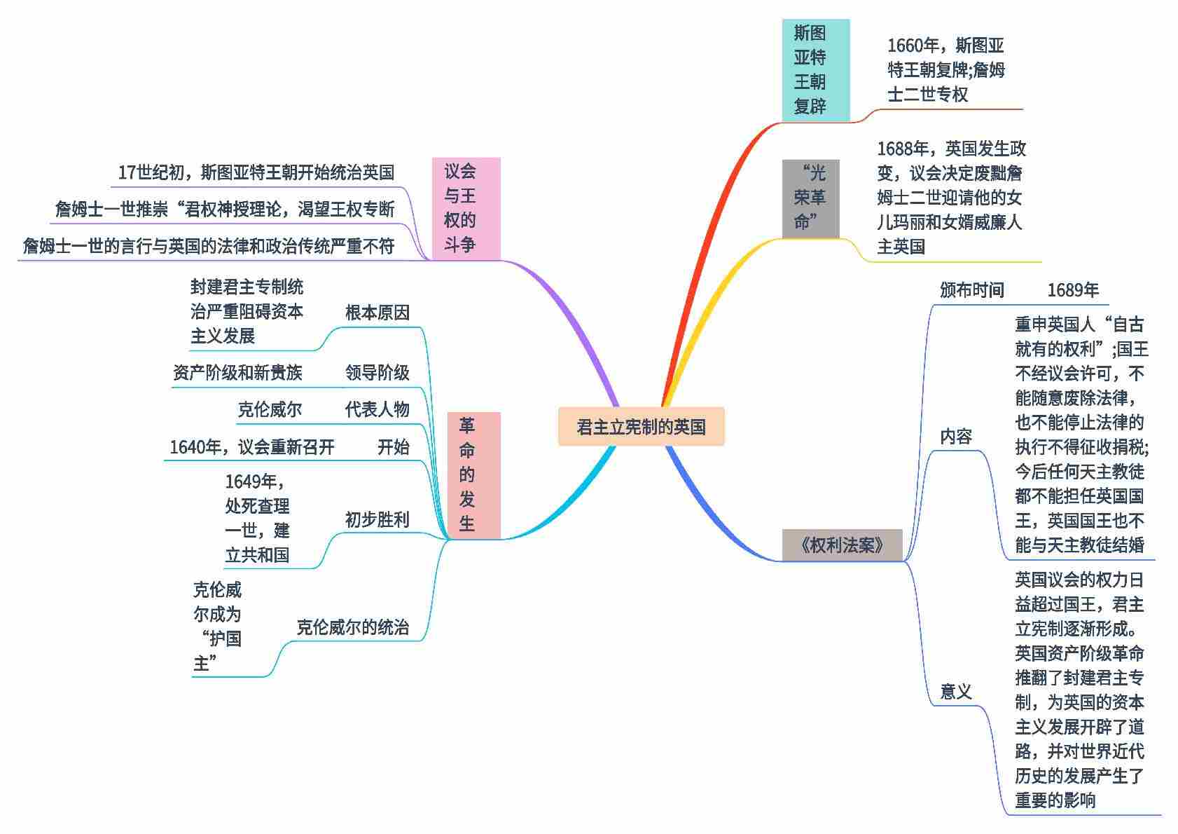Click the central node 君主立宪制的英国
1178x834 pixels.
[x=641, y=427]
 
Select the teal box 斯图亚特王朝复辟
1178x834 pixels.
[x=815, y=70]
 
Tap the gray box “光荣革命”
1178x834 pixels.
[x=810, y=198]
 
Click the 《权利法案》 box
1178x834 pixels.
[x=842, y=545]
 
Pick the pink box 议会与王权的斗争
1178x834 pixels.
[x=466, y=208]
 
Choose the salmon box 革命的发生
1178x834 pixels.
[x=473, y=475]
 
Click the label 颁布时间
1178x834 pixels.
[x=971, y=290]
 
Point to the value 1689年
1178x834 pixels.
[x=1073, y=290]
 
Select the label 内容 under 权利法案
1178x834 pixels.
[x=956, y=437]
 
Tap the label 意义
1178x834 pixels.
[x=956, y=692]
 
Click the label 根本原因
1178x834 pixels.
[x=377, y=313]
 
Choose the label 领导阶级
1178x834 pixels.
[x=377, y=372]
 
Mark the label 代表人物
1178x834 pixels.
[x=377, y=409]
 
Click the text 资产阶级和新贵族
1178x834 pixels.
[x=237, y=372]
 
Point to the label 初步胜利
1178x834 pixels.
[x=377, y=519]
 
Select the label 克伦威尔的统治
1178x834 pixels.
[x=352, y=627]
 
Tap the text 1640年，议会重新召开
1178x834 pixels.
[x=252, y=447]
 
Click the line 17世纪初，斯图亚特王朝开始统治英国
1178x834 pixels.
[x=256, y=172]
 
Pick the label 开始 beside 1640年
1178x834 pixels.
[x=393, y=447]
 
